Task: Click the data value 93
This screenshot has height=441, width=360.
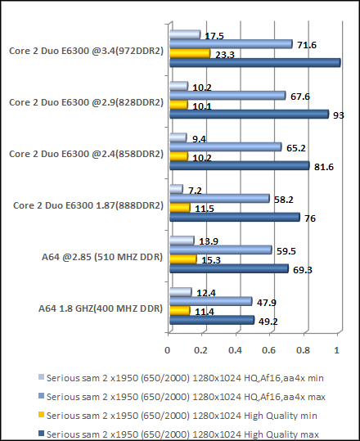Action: (x=338, y=115)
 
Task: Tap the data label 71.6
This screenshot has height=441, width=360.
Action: (x=306, y=43)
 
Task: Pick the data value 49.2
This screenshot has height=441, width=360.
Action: (x=268, y=321)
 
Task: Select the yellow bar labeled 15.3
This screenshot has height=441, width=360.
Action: (x=182, y=259)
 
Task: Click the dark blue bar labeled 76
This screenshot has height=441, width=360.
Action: (x=234, y=218)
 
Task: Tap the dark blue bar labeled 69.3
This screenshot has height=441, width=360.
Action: (x=228, y=269)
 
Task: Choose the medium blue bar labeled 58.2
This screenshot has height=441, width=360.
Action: (x=218, y=198)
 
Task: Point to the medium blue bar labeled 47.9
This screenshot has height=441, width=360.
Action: (x=209, y=301)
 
